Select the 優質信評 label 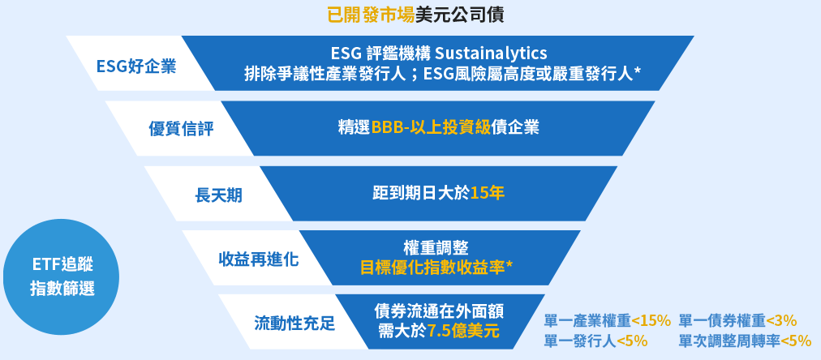click(x=181, y=129)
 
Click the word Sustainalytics click(x=492, y=53)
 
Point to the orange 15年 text click(x=488, y=193)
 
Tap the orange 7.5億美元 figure click(x=462, y=331)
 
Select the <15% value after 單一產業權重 click(x=651, y=319)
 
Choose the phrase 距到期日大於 click(x=421, y=193)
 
